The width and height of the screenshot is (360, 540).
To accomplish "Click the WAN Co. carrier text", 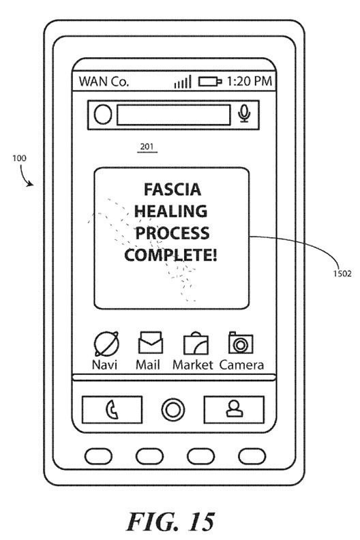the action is tap(104, 82).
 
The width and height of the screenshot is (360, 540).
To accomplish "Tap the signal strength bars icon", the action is tap(183, 82).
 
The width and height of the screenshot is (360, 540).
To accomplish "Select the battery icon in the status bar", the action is tap(210, 82).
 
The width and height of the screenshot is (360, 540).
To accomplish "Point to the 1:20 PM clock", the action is tap(250, 81).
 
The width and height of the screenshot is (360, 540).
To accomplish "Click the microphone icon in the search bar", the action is tap(244, 114).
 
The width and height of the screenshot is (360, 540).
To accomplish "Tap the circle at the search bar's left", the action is tap(103, 115).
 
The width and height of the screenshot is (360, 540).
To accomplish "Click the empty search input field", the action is tap(174, 115).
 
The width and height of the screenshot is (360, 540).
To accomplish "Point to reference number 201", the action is tap(147, 147).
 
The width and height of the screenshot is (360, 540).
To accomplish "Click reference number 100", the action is tap(19, 158).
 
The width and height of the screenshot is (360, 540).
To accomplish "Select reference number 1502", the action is tap(342, 274).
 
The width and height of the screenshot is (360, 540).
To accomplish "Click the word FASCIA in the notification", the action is tap(172, 190).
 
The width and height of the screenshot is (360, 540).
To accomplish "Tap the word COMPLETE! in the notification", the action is tap(171, 255).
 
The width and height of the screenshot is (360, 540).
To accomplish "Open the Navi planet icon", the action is tap(106, 344).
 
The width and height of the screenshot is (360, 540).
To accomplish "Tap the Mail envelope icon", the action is tap(151, 342).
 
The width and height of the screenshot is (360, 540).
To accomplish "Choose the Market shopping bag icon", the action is tap(196, 344).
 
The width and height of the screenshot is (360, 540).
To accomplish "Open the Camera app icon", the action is tap(241, 343).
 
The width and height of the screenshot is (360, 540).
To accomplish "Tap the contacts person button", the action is tap(235, 410).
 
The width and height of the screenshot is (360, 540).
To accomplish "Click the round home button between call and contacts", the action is tap(173, 410).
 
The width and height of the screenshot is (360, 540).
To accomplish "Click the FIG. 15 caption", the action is tap(171, 522).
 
